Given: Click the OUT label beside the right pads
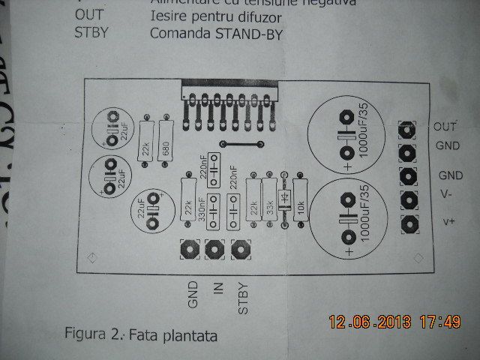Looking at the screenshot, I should pos(445,126).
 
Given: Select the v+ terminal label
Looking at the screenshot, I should pos(449,221).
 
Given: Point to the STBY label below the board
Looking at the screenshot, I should pos(241,297).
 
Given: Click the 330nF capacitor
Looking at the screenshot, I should pos(212,211).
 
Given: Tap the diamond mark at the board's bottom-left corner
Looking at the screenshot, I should pos(91,258).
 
